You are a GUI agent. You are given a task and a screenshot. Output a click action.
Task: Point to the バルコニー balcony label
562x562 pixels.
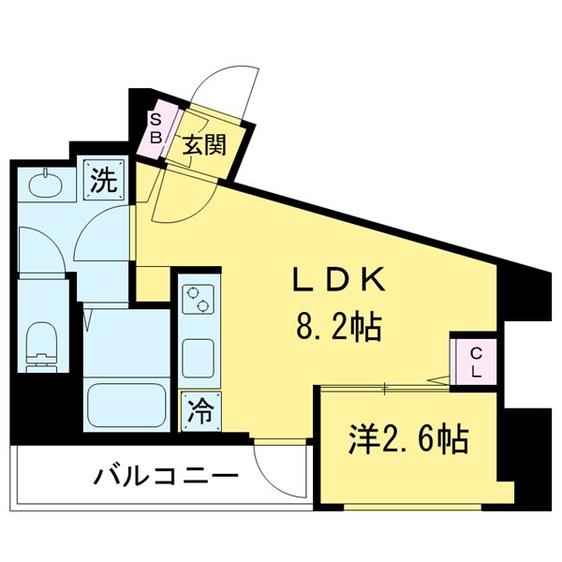(x=164, y=478)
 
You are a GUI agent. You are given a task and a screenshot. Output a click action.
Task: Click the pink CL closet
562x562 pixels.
(x=475, y=361)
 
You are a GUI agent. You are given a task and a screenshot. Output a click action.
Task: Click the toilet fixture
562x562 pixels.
(x=41, y=344)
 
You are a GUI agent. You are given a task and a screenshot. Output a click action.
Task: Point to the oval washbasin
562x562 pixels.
(x=43, y=185)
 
